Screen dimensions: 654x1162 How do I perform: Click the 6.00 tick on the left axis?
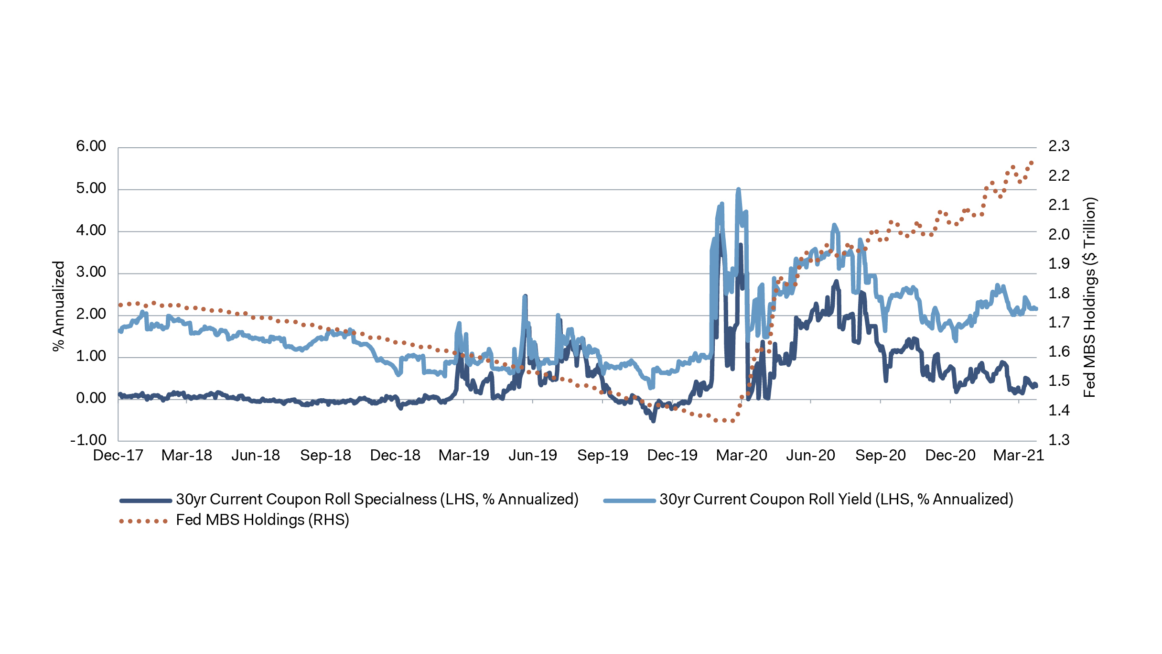tap(91, 146)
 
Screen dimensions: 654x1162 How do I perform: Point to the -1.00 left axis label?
tap(88, 440)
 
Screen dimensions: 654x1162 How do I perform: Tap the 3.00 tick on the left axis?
tap(91, 272)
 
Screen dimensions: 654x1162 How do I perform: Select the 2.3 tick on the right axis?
tap(1059, 146)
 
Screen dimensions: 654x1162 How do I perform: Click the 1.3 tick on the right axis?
tap(1059, 440)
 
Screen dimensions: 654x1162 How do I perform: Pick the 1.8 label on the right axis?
tap(1059, 293)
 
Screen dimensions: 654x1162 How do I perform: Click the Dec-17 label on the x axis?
tap(118, 455)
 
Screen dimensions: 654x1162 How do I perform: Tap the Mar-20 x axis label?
tap(742, 455)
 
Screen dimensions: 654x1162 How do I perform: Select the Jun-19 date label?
tap(533, 455)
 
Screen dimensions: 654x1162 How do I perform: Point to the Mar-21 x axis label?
tap(1019, 455)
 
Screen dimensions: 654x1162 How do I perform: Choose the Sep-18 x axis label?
tap(325, 455)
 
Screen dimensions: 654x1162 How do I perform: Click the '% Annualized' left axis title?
tap(59, 306)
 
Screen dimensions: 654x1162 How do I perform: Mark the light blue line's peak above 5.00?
tap(738, 189)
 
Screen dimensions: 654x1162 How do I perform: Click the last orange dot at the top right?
tap(1031, 163)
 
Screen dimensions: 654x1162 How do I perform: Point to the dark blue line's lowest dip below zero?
tap(653, 421)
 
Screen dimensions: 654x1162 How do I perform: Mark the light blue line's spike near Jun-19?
tap(525, 297)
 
